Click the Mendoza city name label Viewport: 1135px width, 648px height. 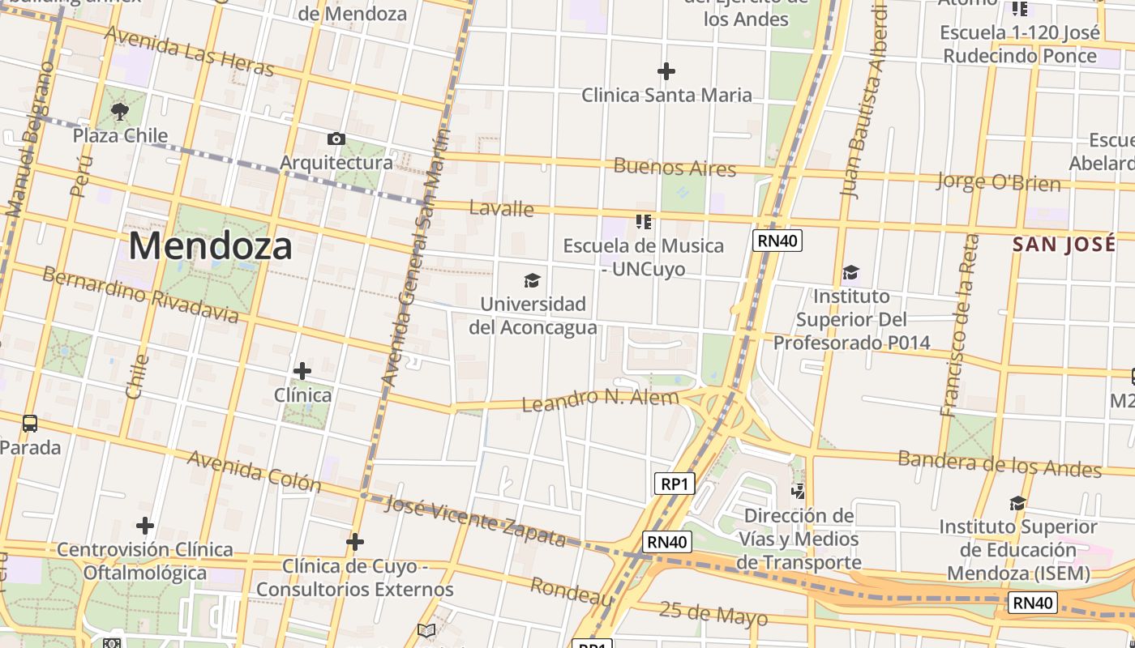coord(210,245)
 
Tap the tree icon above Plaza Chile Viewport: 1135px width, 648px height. coord(120,111)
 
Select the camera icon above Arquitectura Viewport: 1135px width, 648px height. coord(336,139)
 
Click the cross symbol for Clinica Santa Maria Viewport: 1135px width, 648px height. coord(666,71)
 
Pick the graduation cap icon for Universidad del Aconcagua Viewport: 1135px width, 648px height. coord(532,280)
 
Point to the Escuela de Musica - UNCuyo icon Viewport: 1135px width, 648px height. coord(644,221)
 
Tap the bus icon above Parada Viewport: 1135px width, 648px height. coord(30,423)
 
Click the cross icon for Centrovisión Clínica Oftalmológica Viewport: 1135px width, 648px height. coord(145,526)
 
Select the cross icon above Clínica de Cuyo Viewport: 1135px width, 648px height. coord(355,542)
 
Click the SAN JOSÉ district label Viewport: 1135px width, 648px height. coord(1064,245)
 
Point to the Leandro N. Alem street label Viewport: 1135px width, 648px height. coord(601,399)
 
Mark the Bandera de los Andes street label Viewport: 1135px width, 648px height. coord(1000,463)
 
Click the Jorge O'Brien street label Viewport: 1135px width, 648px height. coord(998,181)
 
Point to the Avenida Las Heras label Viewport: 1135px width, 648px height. coord(190,52)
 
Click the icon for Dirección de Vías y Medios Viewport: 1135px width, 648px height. coord(799,491)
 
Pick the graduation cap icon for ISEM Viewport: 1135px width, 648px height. coord(1017,503)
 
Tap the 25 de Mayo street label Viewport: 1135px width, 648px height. coord(713,613)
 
